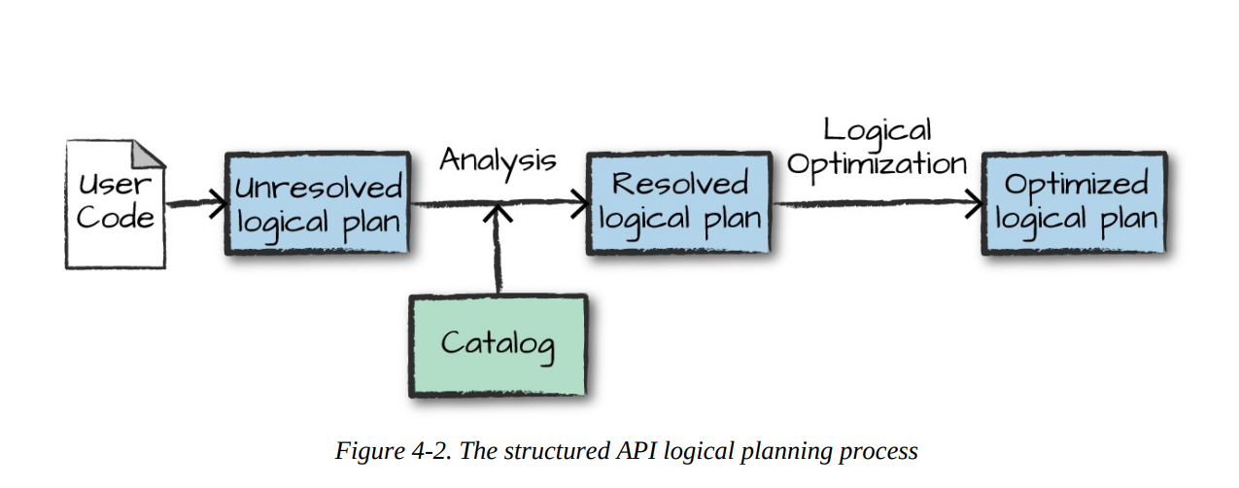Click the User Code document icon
pos(115,204)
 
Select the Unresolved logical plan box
pos(318,204)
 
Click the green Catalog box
pos(498,344)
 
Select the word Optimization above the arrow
pos(877,163)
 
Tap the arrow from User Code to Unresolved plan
pos(194,205)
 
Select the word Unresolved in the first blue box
pos(318,188)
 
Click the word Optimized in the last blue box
pos(1076,185)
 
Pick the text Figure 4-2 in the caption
pos(393,451)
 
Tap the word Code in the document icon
pos(115,218)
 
